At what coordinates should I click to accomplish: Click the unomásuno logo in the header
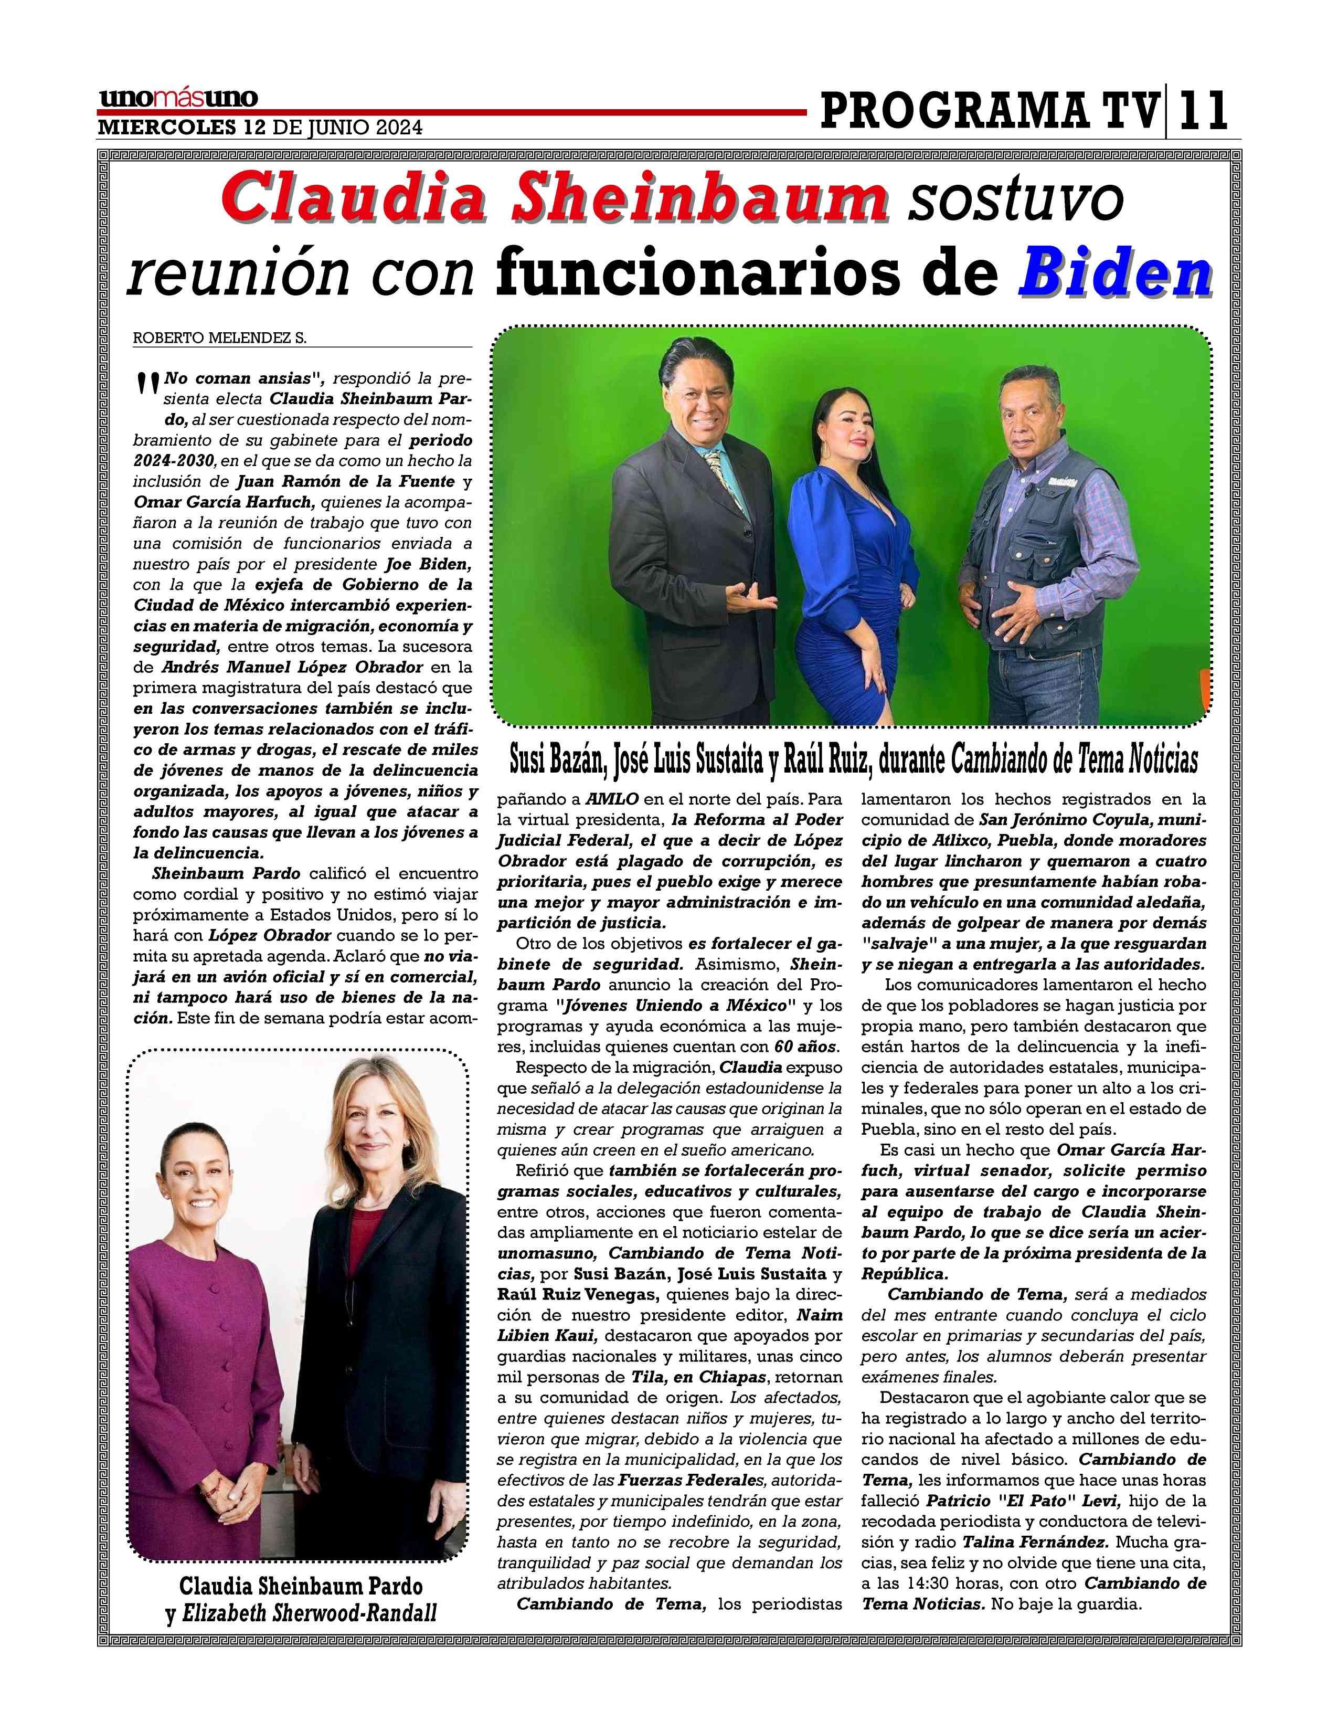[x=178, y=98]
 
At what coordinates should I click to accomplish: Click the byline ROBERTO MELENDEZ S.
[x=219, y=339]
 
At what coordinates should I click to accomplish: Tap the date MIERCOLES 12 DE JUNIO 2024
[x=260, y=127]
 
